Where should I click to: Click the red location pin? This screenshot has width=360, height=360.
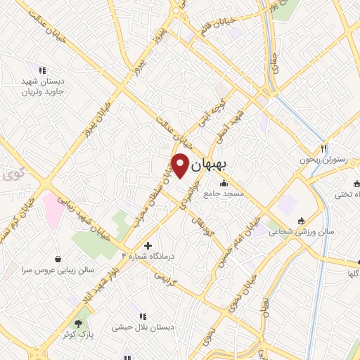(x=181, y=164)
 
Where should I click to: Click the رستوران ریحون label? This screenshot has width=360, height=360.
(x=324, y=160)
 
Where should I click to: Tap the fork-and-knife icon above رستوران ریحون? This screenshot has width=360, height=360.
(x=324, y=148)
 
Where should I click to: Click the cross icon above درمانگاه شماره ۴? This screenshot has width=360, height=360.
(x=148, y=245)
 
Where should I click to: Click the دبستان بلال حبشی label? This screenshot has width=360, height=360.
(x=143, y=327)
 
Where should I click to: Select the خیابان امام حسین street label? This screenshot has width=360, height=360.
(x=241, y=239)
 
